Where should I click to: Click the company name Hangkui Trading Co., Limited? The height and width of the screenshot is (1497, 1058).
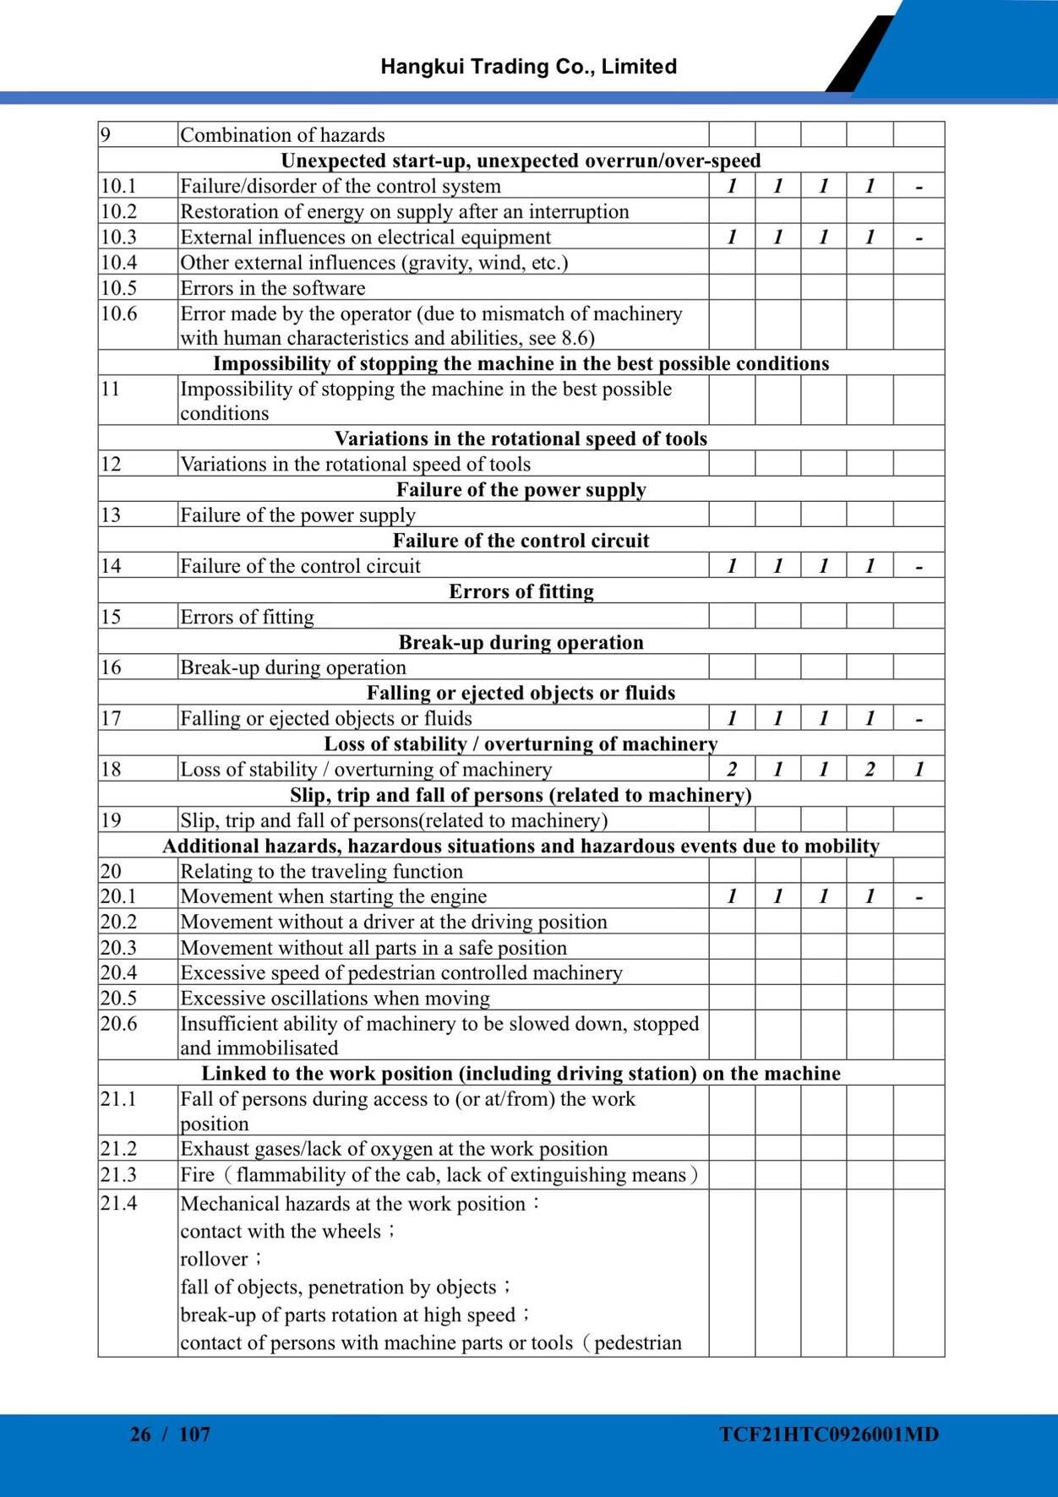pos(528,67)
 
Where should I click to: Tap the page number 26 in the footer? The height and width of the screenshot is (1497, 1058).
pos(140,1434)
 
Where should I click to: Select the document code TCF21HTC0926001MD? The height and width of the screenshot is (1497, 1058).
pos(829,1434)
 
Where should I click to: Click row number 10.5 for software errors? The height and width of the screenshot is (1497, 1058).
pos(119,288)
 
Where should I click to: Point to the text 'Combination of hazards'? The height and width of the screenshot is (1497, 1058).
pos(282,135)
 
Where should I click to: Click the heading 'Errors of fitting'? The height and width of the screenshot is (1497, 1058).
pos(521,591)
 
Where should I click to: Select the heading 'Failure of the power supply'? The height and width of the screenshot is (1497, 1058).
pos(521,490)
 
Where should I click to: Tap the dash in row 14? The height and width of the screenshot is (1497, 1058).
pos(919,567)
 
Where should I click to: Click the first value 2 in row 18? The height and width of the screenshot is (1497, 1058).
pos(732,769)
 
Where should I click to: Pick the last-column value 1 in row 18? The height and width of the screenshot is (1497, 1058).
pos(919,769)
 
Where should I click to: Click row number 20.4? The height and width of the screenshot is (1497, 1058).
pos(119,972)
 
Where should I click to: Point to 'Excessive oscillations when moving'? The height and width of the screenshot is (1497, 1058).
pos(335,999)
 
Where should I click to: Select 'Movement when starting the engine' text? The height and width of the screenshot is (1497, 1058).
pos(334,896)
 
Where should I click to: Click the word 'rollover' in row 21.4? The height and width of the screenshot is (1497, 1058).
pos(214,1260)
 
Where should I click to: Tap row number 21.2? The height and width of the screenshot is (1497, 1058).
pos(119,1149)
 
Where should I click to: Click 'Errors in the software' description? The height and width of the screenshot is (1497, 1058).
pos(273,288)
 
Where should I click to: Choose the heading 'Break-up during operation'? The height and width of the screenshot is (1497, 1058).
pos(521,642)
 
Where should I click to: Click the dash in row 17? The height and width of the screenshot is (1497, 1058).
pos(919,720)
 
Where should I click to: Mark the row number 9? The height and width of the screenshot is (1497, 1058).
pos(106,135)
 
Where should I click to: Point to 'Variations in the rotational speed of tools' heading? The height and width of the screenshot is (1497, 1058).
pos(521,438)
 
